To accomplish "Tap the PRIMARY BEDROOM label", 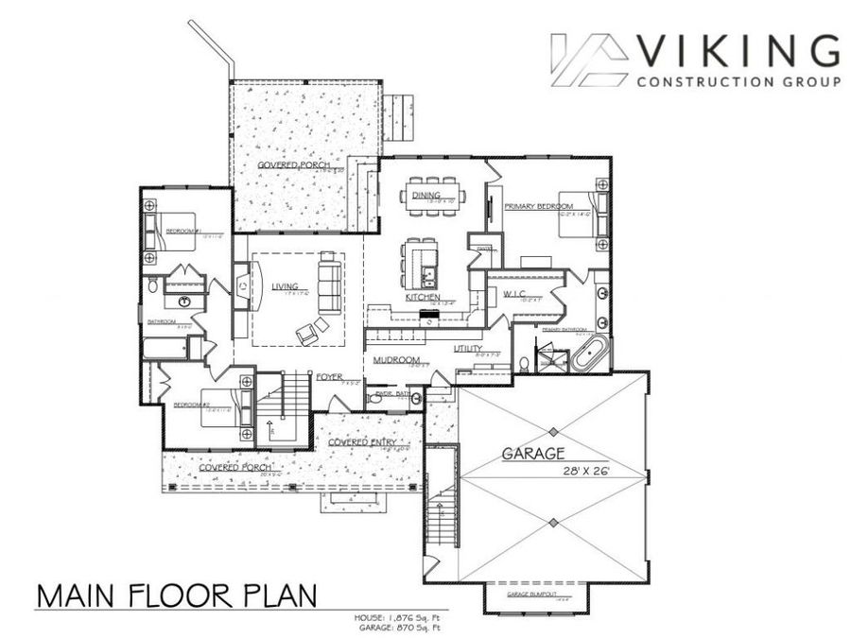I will point(535,206).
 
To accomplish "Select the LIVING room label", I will point(285,286).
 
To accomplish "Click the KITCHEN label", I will point(423,297).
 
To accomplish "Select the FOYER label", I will point(329,376).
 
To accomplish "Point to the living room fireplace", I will point(244,284).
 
